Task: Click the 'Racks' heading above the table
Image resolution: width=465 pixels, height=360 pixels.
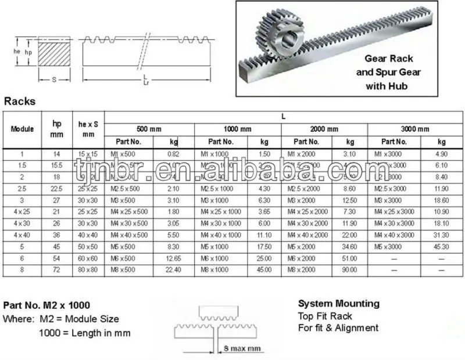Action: pyautogui.click(x=20, y=101)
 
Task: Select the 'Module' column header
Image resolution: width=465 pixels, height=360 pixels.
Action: pyautogui.click(x=22, y=128)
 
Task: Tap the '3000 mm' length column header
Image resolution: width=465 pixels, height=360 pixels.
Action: pyautogui.click(x=414, y=129)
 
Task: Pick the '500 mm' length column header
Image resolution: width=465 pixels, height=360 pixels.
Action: pyautogui.click(x=149, y=129)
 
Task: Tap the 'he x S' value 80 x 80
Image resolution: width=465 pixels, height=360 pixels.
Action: pyautogui.click(x=88, y=271)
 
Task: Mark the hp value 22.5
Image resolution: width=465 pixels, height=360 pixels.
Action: pyautogui.click(x=57, y=189)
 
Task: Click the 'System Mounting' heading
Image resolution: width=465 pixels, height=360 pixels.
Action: pyautogui.click(x=338, y=304)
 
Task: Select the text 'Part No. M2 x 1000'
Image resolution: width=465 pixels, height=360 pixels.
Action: pyautogui.click(x=46, y=305)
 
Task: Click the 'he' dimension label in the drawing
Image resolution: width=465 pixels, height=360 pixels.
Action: pyautogui.click(x=17, y=51)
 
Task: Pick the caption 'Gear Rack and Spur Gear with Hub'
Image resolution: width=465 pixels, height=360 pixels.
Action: pyautogui.click(x=392, y=72)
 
